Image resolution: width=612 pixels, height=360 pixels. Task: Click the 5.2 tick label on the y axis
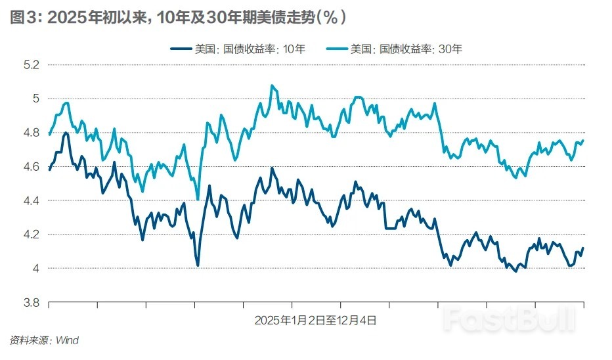(x=31, y=65)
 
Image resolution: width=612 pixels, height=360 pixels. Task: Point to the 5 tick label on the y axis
(x=35, y=99)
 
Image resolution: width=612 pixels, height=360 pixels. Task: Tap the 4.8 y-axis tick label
(x=31, y=133)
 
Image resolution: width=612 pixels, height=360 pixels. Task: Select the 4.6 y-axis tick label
(x=31, y=167)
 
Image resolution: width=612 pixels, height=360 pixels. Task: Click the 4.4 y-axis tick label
(x=31, y=200)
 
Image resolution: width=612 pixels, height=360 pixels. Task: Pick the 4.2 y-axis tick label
(x=31, y=235)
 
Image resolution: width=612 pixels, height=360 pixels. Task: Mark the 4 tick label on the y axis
(x=35, y=268)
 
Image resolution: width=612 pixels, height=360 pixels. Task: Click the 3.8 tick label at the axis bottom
(x=31, y=302)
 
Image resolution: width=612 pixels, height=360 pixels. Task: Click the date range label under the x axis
(x=316, y=321)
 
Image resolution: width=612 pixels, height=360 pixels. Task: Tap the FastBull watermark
(x=509, y=319)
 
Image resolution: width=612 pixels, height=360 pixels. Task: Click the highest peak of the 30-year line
(x=272, y=85)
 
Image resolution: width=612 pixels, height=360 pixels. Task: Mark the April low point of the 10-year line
(x=198, y=265)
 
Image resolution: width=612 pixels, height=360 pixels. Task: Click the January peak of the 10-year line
(x=66, y=133)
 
